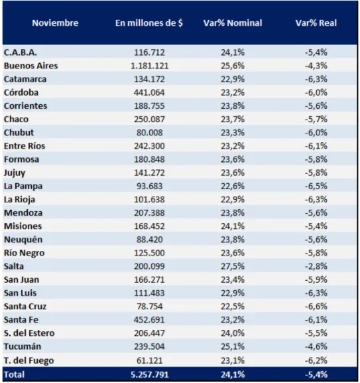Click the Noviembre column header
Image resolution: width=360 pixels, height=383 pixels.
[54, 23]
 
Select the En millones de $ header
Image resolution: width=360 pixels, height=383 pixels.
[149, 23]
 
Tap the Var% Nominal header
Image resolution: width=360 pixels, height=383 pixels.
[233, 23]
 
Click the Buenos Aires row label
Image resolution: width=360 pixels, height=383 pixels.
[30, 66]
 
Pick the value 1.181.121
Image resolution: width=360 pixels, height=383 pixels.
[150, 66]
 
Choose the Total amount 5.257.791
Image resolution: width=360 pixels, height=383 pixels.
[150, 375]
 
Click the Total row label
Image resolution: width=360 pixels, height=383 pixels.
[14, 375]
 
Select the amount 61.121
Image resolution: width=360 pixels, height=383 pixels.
[150, 360]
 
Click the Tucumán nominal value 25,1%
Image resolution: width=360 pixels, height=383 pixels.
[233, 346]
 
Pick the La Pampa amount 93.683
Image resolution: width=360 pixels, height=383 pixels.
[150, 186]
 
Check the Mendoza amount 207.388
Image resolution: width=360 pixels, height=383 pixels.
[150, 213]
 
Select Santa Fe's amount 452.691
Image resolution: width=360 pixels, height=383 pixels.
[150, 320]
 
